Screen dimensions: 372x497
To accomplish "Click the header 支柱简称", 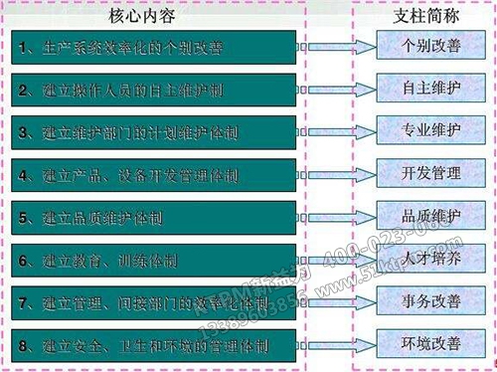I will [418, 17].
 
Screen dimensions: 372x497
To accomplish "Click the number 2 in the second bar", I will [23, 90].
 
